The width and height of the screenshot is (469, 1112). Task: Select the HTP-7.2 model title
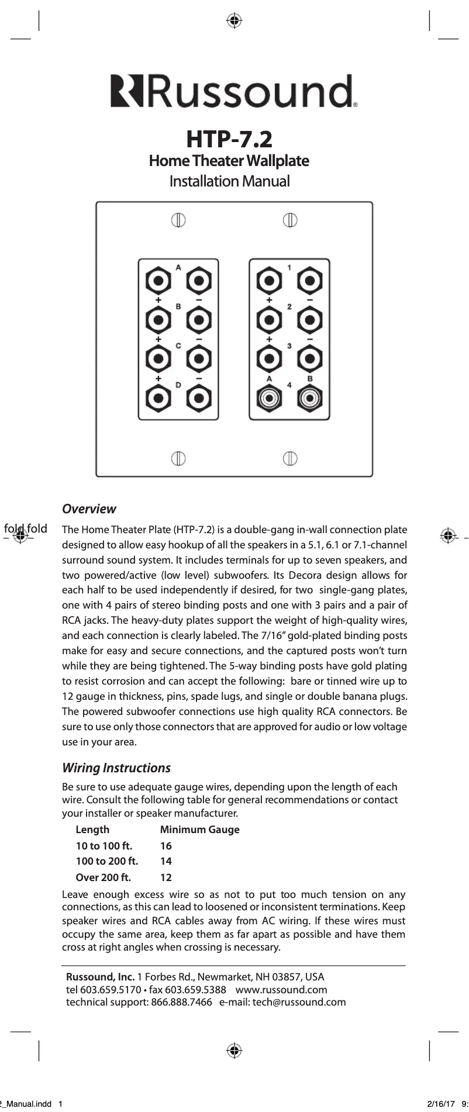coord(229,139)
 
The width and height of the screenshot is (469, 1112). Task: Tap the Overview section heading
coord(89,509)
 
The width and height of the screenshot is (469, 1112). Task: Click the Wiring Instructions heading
coord(116,768)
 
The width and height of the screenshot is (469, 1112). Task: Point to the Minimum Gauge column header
coord(199,829)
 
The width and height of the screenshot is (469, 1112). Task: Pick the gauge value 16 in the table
coord(166,845)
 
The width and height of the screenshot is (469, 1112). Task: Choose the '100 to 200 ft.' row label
coord(107,861)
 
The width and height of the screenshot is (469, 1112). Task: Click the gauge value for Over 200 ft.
coord(166,877)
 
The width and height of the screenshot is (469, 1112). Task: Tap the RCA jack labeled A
coord(270,399)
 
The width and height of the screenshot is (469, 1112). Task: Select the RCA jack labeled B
coord(309,399)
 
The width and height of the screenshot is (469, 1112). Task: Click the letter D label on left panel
coord(178,384)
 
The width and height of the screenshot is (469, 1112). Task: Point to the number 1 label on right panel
coord(289,268)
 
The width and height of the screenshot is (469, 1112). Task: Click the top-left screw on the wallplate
coord(178,220)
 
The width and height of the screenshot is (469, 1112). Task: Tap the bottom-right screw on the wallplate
coord(290,458)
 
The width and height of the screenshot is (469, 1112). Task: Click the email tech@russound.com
coord(299,1002)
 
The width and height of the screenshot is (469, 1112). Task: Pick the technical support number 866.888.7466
coord(181,1002)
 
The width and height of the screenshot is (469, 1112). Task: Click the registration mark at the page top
coord(234,21)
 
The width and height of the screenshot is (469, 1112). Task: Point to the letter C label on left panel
coord(178,346)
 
